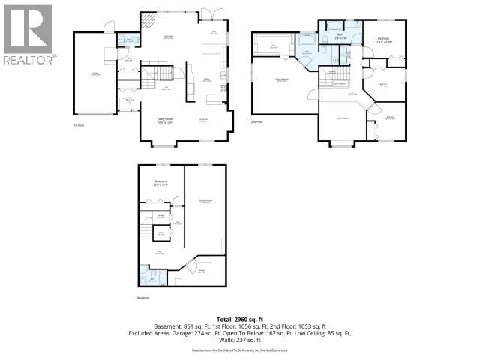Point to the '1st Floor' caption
pos(77,124)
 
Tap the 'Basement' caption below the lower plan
pos(143,298)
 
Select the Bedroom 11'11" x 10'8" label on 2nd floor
pos(383,40)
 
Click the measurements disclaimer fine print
pos(239,350)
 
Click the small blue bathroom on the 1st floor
pos(128,38)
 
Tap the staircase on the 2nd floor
pos(342,76)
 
